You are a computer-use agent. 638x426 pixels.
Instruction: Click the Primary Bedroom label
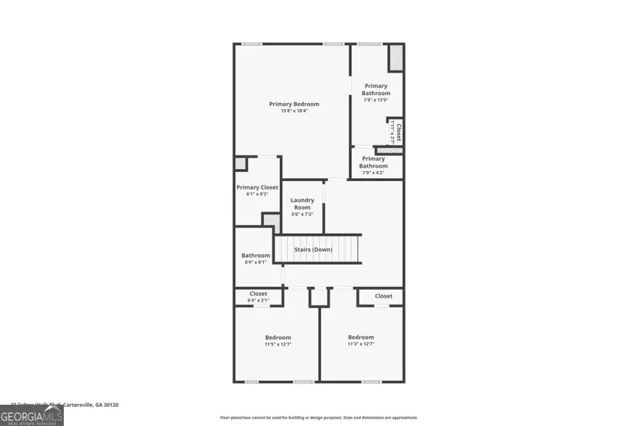(x=294, y=104)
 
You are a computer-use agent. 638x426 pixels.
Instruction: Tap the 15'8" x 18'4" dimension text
(x=294, y=111)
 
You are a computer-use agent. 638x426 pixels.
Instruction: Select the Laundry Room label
(x=303, y=204)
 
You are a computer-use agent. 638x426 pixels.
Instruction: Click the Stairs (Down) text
(x=313, y=249)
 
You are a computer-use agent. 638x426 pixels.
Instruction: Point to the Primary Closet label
(x=257, y=187)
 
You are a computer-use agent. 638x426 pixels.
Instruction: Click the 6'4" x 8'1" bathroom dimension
(x=256, y=262)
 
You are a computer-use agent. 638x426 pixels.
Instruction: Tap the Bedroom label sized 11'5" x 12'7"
(x=278, y=337)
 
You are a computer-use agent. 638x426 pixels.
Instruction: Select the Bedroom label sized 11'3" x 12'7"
(x=361, y=337)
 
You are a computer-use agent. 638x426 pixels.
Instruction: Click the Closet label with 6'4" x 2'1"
(x=258, y=294)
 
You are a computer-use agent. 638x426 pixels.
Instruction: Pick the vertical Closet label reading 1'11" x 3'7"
(x=396, y=132)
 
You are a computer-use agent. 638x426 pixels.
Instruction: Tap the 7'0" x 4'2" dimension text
(x=374, y=173)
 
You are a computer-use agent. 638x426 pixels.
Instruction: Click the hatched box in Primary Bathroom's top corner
(x=396, y=58)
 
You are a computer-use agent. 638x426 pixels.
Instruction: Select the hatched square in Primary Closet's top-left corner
(x=241, y=163)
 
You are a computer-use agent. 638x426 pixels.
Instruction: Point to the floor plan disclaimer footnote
(x=319, y=417)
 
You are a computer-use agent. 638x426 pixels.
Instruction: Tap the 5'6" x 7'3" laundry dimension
(x=303, y=214)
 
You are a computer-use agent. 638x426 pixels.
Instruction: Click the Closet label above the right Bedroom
(x=384, y=296)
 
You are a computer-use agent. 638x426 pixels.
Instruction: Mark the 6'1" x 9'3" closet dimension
(x=257, y=194)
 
